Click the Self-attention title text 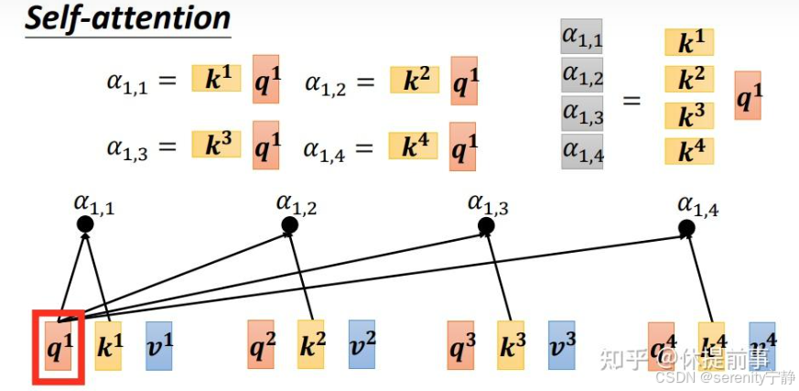point(127,19)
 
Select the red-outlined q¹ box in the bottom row point(59,347)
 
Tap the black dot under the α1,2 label point(290,225)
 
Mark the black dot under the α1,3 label point(486,225)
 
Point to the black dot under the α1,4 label point(686,227)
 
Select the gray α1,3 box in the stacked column point(581,114)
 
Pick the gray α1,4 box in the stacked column point(581,152)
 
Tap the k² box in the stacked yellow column point(689,80)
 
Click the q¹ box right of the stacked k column point(748,95)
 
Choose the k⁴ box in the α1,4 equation point(414,146)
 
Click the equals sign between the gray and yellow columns point(632,98)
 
